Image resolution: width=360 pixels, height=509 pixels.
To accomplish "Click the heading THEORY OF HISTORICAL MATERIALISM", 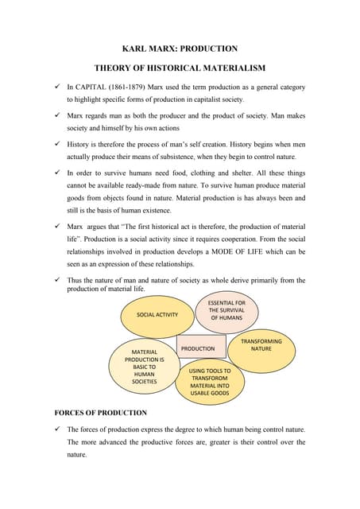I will tap(180, 69).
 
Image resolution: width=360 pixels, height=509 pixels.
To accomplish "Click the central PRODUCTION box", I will tap(198, 348).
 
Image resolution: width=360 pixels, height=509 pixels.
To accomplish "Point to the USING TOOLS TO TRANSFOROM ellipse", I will tap(210, 382).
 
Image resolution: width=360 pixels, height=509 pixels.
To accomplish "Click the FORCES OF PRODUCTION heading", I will tap(100, 413).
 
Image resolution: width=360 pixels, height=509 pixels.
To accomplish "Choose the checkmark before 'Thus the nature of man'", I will tap(58, 280).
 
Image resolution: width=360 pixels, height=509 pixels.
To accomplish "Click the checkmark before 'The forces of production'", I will tap(58, 430).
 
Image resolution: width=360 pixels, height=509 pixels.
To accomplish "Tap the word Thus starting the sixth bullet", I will tap(75, 280).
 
